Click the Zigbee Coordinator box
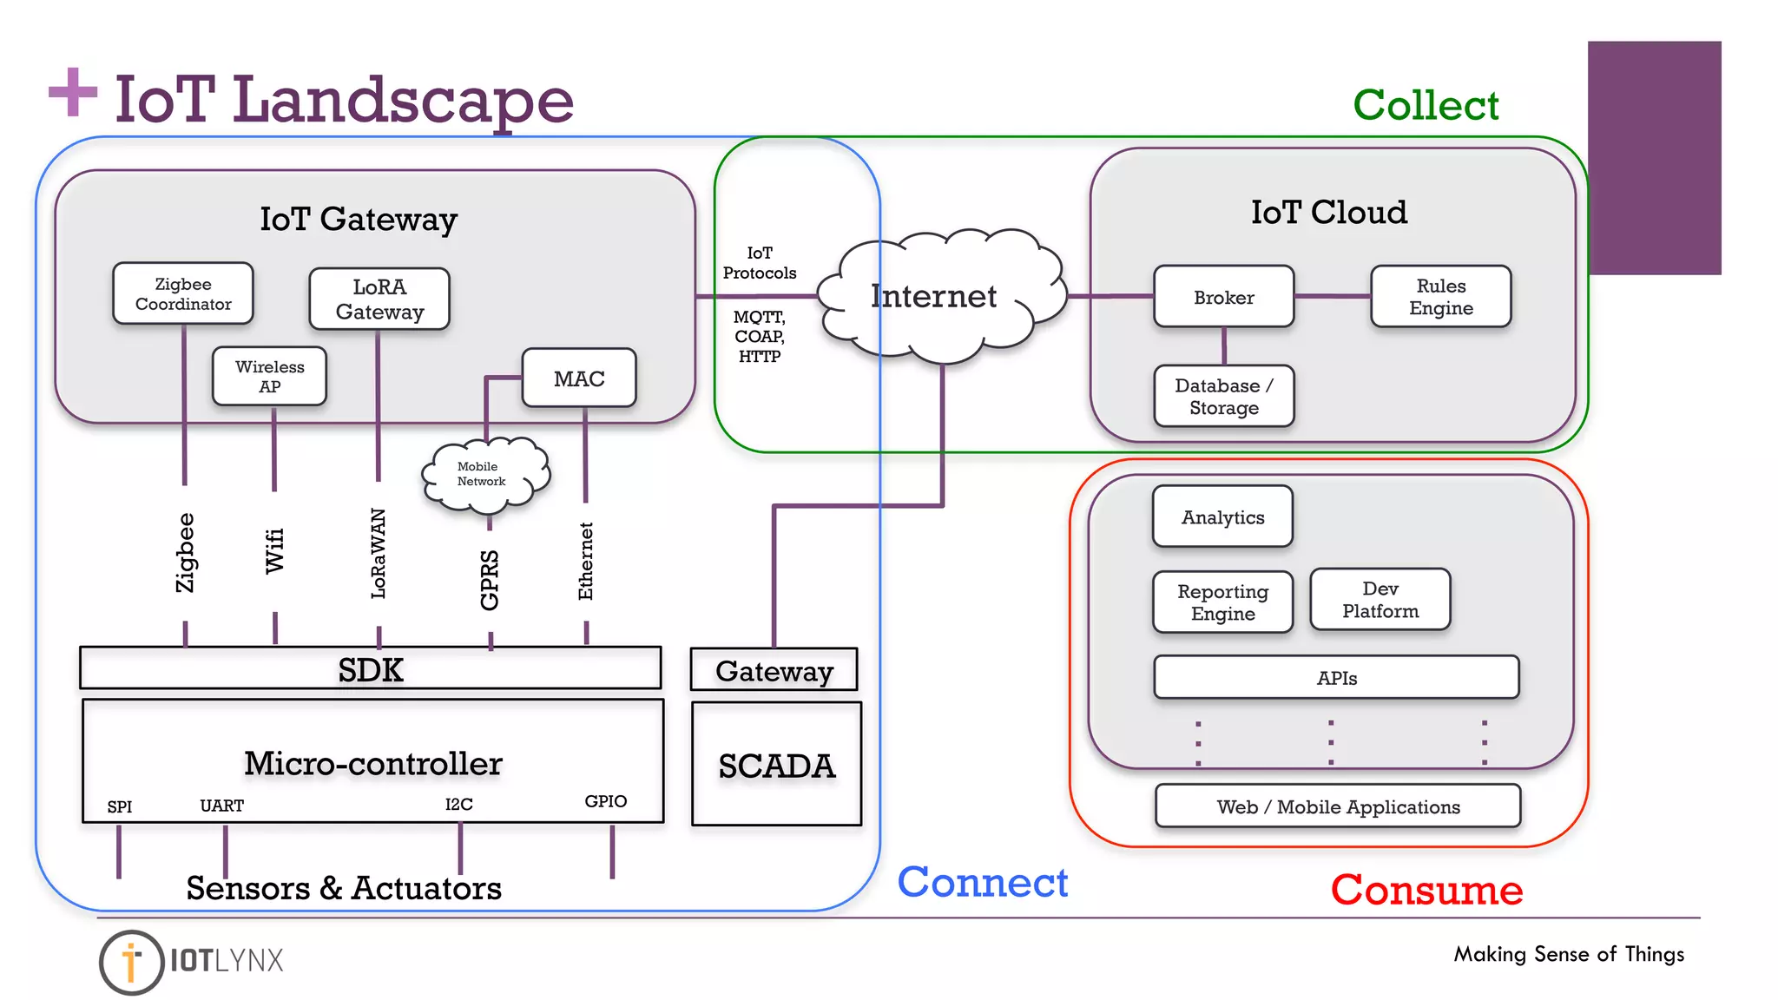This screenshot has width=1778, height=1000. (183, 293)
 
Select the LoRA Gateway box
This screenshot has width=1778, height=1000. (379, 299)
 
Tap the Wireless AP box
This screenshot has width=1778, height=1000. (269, 376)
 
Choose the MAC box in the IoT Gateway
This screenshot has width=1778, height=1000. (579, 378)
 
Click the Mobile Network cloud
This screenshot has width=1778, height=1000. (484, 474)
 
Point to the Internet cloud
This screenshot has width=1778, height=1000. (938, 297)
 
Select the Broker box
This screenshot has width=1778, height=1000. (1223, 297)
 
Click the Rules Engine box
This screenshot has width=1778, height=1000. (1440, 297)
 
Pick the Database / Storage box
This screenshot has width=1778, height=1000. (1223, 397)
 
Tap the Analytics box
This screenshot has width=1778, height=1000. (1222, 516)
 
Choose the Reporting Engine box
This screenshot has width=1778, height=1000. (1222, 602)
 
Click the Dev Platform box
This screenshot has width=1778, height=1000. (1380, 599)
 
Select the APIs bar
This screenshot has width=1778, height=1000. (1336, 678)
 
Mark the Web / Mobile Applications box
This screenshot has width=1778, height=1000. (1338, 806)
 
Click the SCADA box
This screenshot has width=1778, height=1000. (776, 765)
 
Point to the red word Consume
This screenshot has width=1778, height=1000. (1426, 890)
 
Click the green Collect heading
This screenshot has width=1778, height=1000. (1426, 105)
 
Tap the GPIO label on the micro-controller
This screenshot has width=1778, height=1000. (605, 801)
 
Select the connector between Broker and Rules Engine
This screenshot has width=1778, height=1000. (1332, 296)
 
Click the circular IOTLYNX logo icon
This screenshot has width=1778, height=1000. (131, 962)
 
